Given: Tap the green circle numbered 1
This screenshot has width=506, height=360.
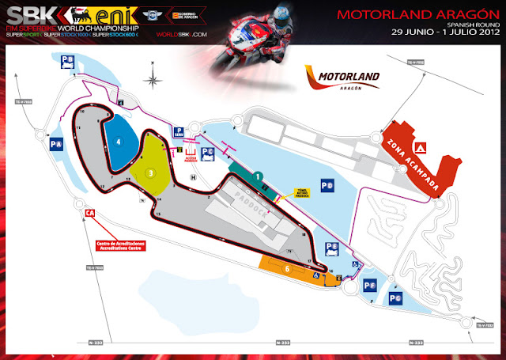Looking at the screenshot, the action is [258, 176].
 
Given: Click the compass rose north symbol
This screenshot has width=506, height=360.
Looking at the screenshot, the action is [150, 78].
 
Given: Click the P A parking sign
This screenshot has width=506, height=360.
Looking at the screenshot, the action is [56, 145].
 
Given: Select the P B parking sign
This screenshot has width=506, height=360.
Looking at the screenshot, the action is [70, 59].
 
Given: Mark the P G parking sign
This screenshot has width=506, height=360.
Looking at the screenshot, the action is [395, 298].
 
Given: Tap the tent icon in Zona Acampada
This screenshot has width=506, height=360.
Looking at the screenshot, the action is [421, 147].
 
